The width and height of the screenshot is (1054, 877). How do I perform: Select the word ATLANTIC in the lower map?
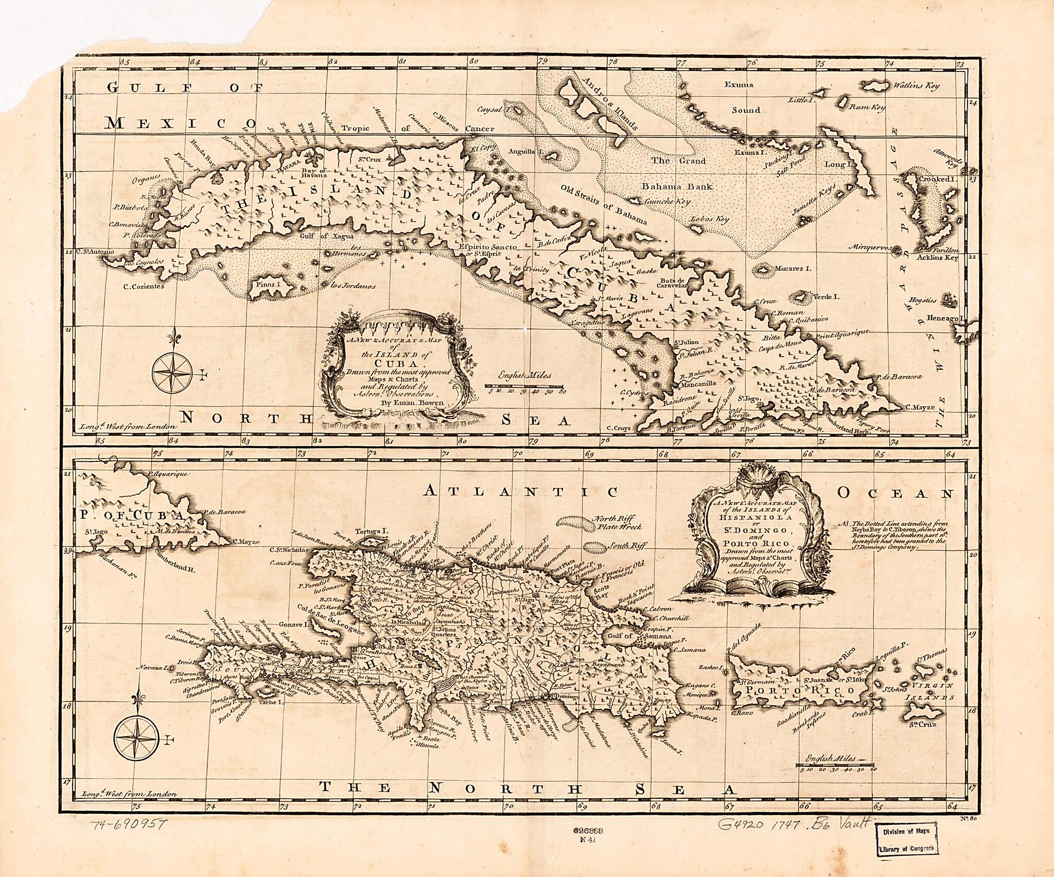click(520, 492)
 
